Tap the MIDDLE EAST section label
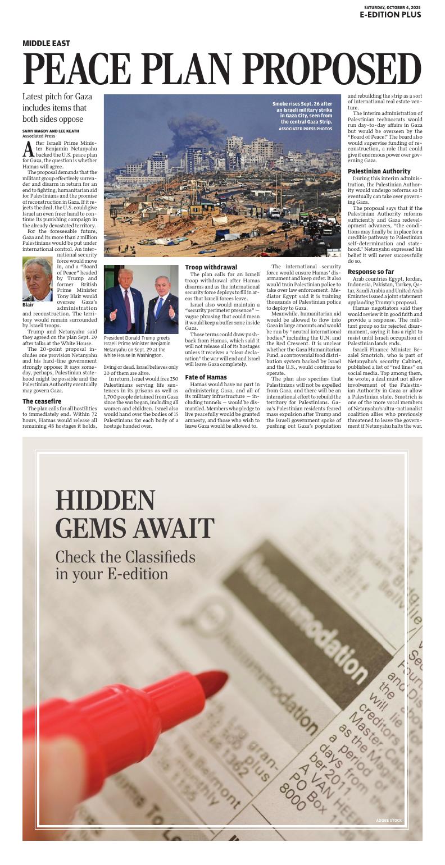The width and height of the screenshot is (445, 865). tap(46, 43)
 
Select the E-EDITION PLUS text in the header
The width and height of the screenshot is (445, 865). tap(390, 15)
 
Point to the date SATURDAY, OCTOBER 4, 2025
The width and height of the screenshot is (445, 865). tap(392, 7)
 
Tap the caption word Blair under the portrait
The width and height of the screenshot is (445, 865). tap(28, 305)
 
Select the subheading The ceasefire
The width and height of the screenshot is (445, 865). tap(42, 401)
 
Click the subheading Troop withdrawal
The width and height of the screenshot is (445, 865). tap(211, 267)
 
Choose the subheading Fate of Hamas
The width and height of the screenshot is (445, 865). tap(206, 377)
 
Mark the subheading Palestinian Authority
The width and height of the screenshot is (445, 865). tap(379, 171)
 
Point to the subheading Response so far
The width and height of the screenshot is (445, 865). tap(370, 272)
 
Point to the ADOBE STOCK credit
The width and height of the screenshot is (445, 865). tap(389, 821)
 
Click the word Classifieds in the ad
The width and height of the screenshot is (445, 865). tap(148, 557)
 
